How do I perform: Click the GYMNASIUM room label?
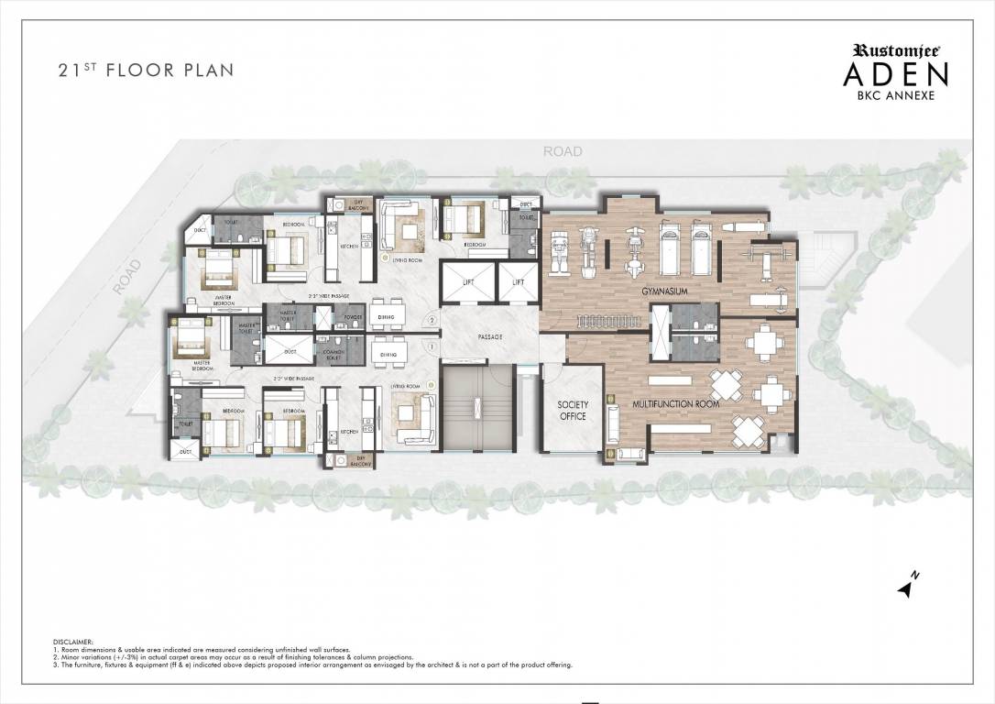[663, 291]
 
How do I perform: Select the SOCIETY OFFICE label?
[573, 411]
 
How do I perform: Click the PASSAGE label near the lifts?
[489, 337]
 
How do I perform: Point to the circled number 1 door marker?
[430, 346]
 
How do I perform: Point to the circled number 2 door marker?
[431, 320]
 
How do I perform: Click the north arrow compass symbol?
[908, 587]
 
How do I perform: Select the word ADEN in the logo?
[895, 74]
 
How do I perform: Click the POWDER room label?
[353, 319]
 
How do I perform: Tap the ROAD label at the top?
[562, 151]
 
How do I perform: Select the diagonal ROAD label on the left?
[127, 276]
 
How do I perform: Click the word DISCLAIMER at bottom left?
[72, 643]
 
